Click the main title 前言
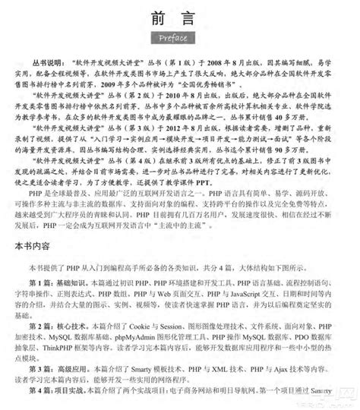[x=180, y=17]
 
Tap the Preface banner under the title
[x=180, y=39]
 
